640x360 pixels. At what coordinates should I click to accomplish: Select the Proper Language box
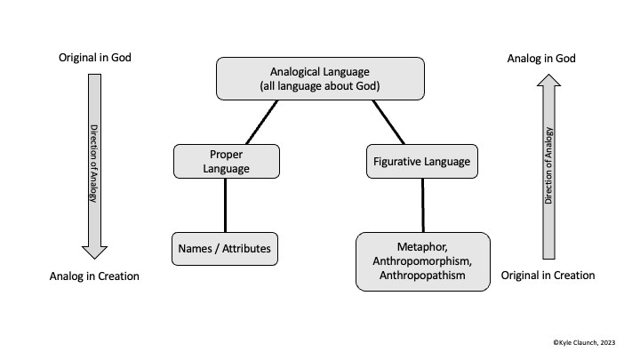coord(226,162)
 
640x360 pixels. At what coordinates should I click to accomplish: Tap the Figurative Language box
coord(418,162)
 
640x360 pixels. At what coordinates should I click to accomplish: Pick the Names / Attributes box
coord(225,248)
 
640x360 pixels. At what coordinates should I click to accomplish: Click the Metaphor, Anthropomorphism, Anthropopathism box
coord(422,260)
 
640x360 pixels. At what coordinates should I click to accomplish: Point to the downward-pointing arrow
coord(93,164)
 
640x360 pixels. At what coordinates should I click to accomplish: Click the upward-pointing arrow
coord(548,164)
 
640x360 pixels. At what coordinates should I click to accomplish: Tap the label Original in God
coord(94,59)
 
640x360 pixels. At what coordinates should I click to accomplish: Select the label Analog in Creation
coord(94,276)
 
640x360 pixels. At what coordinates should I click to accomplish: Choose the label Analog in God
coord(541,59)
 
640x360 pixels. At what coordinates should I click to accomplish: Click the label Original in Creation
coord(548,276)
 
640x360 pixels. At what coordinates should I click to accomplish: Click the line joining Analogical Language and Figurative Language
coord(388,122)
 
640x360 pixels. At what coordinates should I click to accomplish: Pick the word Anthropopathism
coord(423,276)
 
